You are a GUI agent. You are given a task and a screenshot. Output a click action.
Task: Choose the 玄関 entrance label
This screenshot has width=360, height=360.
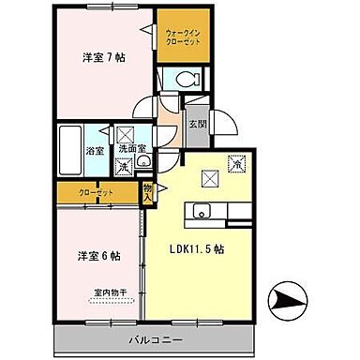point(196,123)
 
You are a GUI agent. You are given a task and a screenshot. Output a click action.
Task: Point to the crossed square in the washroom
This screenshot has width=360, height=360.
point(124,134)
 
